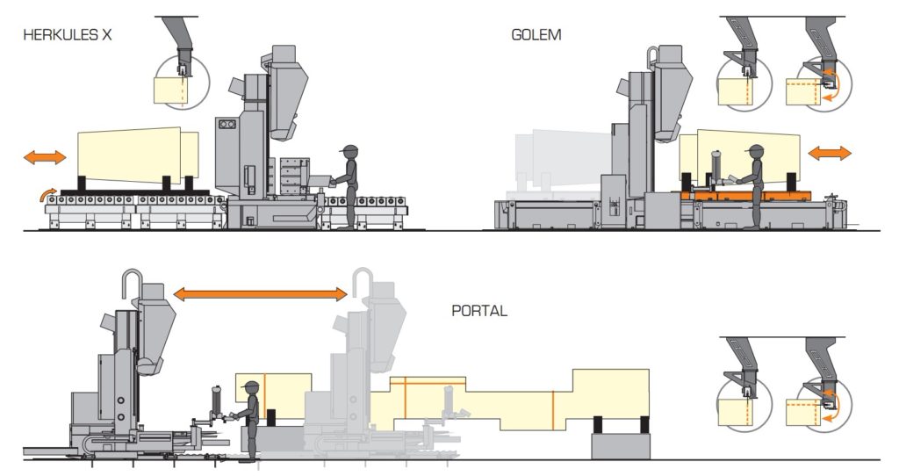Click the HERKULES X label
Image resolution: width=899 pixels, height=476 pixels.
(x=68, y=36)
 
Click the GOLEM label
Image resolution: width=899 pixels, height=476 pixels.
(x=536, y=36)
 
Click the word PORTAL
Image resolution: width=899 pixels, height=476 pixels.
(x=479, y=311)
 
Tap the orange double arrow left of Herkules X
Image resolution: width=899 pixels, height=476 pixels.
(x=44, y=157)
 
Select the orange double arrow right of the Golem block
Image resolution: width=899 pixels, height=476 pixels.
(x=829, y=153)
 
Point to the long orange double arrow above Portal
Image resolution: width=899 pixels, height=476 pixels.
(x=261, y=294)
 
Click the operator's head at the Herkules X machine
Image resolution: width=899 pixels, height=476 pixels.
(x=351, y=152)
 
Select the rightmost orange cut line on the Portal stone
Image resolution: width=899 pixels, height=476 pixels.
(x=552, y=401)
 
